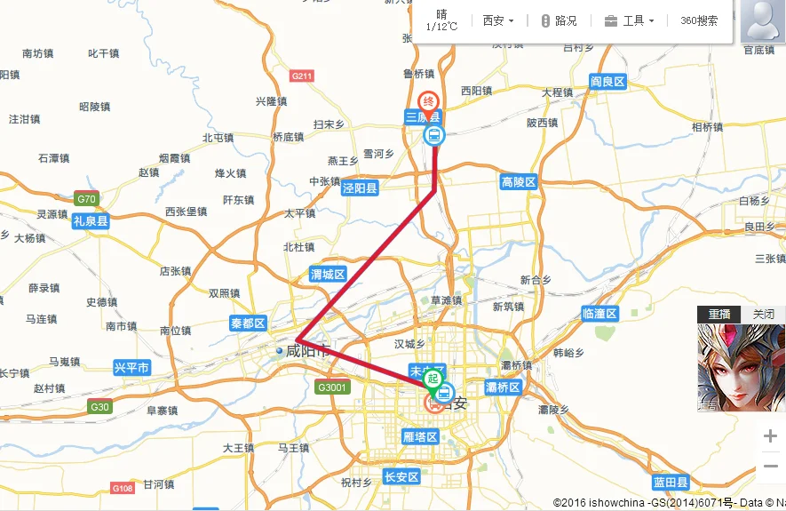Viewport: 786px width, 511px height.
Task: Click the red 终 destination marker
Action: [x=429, y=102]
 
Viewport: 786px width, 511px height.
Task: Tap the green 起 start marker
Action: [x=433, y=379]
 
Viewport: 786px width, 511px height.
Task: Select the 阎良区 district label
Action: [x=608, y=82]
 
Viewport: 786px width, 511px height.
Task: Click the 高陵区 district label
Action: [x=519, y=182]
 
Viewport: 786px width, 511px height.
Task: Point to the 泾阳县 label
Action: [x=361, y=188]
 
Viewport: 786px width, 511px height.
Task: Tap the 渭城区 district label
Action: [x=328, y=275]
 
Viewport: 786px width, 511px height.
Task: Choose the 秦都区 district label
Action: [x=248, y=323]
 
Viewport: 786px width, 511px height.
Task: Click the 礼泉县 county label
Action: [x=91, y=221]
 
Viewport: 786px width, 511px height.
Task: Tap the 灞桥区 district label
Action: [x=503, y=387]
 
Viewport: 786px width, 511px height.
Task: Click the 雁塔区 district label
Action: [x=420, y=437]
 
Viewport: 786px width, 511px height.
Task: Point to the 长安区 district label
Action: [x=401, y=477]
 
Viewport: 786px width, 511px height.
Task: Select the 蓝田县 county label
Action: [x=671, y=483]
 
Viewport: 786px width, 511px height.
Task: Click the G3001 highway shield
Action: [x=333, y=387]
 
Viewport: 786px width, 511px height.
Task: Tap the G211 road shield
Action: [x=302, y=76]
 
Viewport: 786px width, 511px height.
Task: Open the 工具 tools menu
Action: [x=630, y=20]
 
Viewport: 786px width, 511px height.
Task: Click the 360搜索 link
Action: [x=699, y=20]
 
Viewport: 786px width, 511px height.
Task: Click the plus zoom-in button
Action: [x=770, y=436]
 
